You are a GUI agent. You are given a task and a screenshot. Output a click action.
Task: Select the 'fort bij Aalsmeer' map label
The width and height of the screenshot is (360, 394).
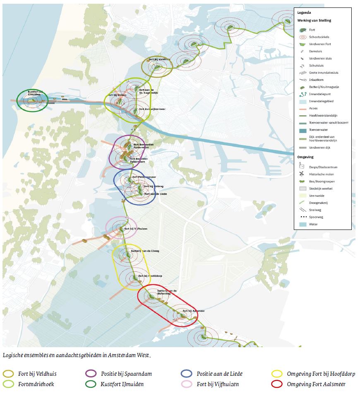(x=194, y=311)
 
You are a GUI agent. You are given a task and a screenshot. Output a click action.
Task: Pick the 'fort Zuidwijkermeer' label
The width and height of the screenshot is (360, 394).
(x=150, y=109)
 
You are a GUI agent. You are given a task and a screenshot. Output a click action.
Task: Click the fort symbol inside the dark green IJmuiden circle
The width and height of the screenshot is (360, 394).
(x=32, y=99)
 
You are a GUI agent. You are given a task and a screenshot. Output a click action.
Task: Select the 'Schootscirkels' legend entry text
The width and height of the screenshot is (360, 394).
(x=319, y=37)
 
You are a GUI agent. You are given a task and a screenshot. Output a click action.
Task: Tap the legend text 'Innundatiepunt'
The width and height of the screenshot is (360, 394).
(x=320, y=94)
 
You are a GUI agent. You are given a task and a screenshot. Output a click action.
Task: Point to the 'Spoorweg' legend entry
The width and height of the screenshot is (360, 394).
(x=317, y=217)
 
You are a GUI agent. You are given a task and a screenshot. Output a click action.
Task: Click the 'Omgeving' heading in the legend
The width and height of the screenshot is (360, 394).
(x=305, y=157)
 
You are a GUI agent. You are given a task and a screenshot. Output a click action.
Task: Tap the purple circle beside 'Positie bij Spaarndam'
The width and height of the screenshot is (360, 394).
(x=90, y=374)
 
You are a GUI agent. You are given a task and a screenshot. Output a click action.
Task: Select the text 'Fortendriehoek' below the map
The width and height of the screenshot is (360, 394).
(x=36, y=384)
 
